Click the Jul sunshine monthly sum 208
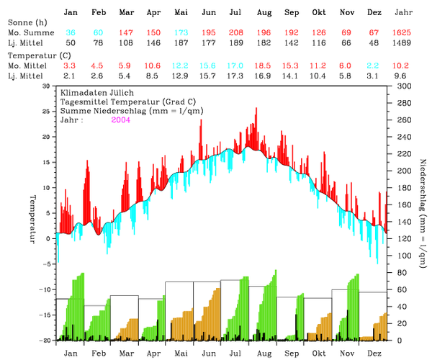[x=235, y=34]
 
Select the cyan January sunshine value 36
[x=71, y=34]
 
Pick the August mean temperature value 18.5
[x=264, y=65]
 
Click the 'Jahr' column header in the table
[x=405, y=13]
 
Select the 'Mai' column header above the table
[x=181, y=13]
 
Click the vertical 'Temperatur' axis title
[x=32, y=219]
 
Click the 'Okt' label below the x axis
[x=319, y=353]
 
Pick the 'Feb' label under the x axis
[x=97, y=353]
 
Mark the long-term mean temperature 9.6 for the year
[x=405, y=75]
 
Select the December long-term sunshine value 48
[x=374, y=44]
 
